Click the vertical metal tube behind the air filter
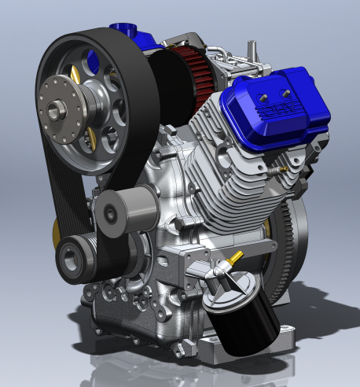[254, 52]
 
